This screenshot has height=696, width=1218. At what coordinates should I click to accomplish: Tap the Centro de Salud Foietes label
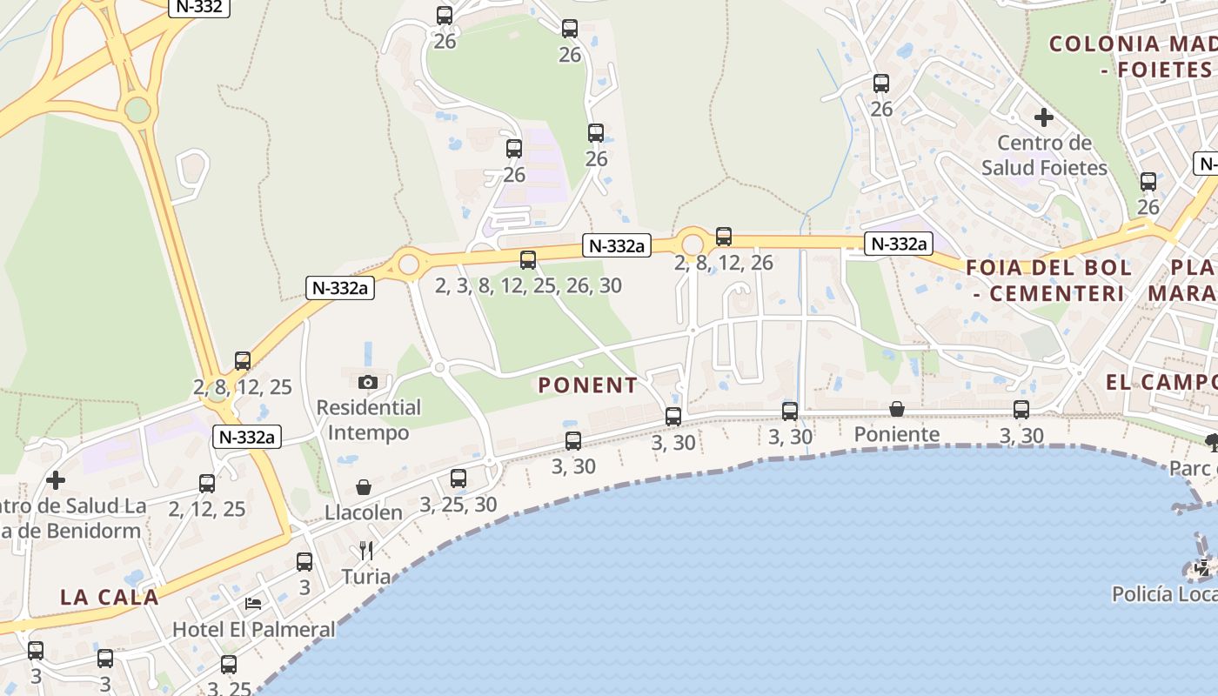[1044, 155]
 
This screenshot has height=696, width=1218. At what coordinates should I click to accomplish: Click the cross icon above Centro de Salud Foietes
[1044, 117]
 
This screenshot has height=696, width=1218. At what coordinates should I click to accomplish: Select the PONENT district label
[587, 385]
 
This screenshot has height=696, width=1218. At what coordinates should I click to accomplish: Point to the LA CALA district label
[110, 597]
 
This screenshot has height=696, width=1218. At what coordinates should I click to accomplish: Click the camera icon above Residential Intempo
[368, 382]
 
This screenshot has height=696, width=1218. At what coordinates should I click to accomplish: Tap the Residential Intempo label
[368, 419]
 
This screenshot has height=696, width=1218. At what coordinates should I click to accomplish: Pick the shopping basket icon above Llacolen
[364, 487]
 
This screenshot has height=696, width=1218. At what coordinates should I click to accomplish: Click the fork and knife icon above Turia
[366, 550]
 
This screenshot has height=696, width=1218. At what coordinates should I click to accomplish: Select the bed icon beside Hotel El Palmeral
[253, 603]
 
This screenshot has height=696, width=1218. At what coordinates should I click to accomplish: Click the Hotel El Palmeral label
[253, 628]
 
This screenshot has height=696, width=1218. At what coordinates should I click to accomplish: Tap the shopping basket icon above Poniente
[896, 409]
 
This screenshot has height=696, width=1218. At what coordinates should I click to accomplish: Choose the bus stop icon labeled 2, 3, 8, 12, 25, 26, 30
[528, 259]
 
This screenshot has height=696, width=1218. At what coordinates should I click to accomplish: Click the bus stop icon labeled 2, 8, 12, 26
[724, 236]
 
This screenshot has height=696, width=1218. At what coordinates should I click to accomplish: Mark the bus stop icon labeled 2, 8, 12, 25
[243, 360]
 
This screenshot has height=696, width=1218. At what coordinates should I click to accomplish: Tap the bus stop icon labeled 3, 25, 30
[458, 478]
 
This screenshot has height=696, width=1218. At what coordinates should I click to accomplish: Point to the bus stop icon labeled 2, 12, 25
[207, 484]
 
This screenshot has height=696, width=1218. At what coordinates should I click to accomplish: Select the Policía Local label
[1164, 593]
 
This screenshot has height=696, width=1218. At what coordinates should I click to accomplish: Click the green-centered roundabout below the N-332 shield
[137, 110]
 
